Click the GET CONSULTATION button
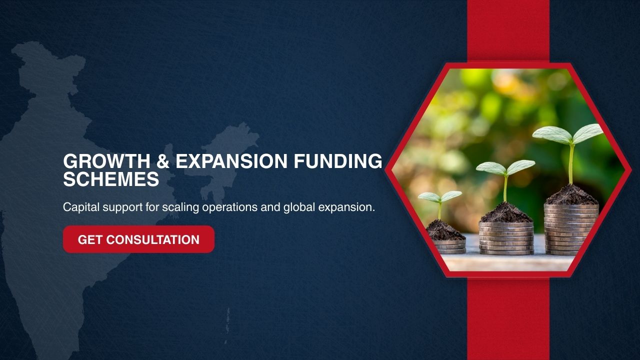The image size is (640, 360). click(x=138, y=239)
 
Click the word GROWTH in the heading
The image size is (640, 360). click(x=106, y=161)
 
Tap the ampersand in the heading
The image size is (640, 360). click(x=163, y=161)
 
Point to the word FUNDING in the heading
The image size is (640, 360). click(x=337, y=161)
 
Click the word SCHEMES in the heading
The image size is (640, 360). click(x=111, y=179)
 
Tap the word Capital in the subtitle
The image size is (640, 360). click(x=81, y=207)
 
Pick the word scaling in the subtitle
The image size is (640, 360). click(x=180, y=207)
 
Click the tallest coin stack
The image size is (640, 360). click(x=571, y=229)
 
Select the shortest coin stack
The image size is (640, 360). click(x=449, y=246)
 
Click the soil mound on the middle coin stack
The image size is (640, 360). click(x=506, y=212)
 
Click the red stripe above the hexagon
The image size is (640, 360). click(x=508, y=31)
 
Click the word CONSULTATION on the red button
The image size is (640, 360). click(x=153, y=239)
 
